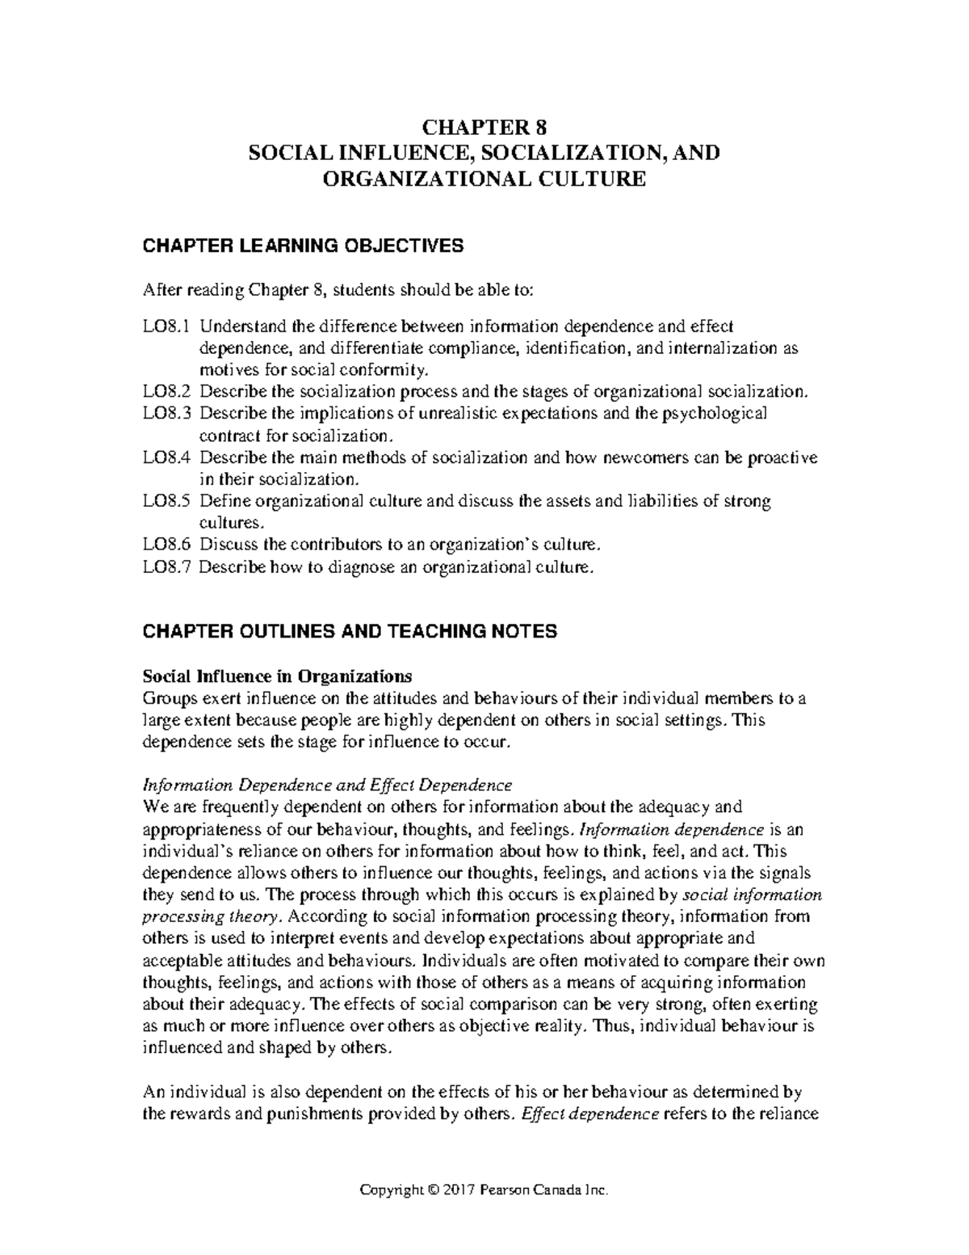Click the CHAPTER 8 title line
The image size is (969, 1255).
(x=485, y=128)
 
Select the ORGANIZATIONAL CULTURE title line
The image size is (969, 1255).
(x=484, y=179)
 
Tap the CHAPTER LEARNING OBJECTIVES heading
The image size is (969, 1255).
(x=303, y=246)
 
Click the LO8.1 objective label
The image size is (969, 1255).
(x=166, y=327)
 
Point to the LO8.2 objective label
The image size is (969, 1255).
(x=166, y=392)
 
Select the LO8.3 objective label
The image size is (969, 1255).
(x=166, y=414)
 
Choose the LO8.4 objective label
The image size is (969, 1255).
(x=166, y=457)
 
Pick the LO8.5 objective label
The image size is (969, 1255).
(x=166, y=501)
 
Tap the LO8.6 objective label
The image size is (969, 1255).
(x=166, y=545)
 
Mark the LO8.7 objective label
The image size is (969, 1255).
(x=166, y=566)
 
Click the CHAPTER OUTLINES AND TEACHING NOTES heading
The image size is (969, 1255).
(x=350, y=631)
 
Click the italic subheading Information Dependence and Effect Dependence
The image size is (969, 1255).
(x=327, y=785)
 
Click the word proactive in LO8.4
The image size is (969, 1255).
(x=782, y=457)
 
